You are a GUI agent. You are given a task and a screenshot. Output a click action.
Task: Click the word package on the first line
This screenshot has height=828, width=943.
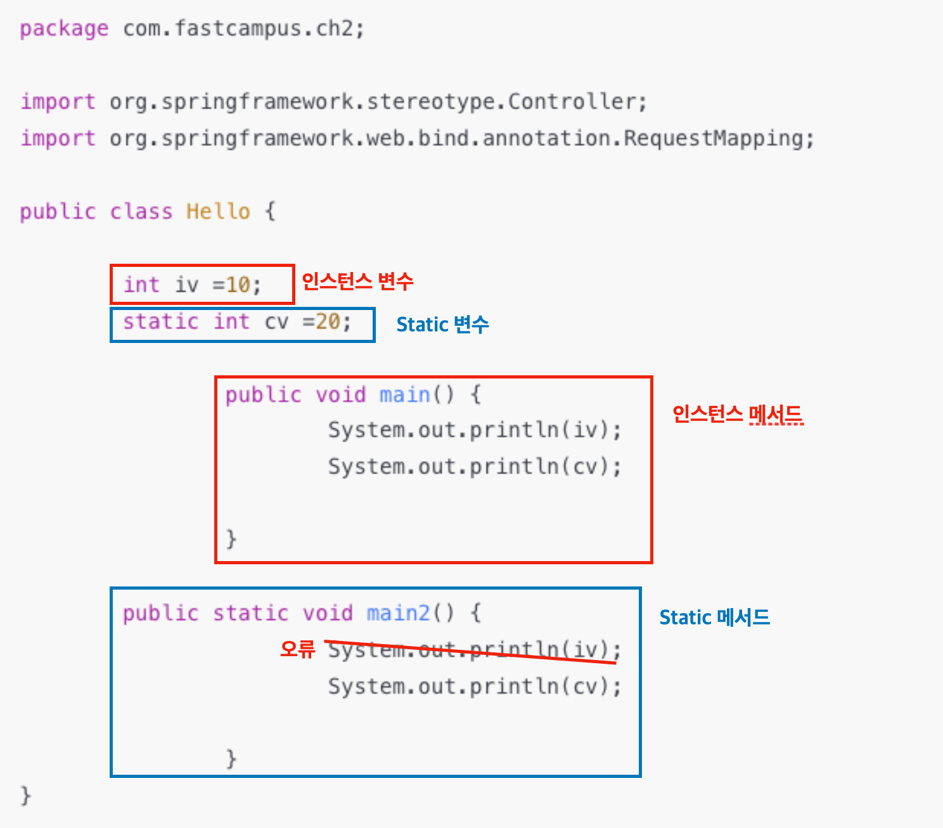(63, 29)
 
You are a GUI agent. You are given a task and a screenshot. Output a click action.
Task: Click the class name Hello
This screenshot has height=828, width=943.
(218, 211)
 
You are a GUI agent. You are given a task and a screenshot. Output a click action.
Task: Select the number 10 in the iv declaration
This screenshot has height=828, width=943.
(238, 285)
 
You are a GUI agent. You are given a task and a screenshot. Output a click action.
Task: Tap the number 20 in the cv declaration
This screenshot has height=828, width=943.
(328, 322)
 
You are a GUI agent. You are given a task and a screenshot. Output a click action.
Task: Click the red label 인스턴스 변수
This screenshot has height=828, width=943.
(357, 281)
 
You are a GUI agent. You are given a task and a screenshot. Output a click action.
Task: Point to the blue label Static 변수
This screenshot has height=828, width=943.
(442, 325)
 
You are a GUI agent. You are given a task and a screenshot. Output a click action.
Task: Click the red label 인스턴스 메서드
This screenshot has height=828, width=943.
(737, 415)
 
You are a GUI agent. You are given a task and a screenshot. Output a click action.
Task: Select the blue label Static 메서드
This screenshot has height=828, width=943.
(714, 617)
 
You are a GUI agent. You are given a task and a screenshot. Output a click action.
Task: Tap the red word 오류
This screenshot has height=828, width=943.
(297, 649)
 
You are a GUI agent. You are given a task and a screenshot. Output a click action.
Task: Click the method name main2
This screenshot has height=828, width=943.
(398, 613)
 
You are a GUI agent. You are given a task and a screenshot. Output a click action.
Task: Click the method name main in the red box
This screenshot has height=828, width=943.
(404, 395)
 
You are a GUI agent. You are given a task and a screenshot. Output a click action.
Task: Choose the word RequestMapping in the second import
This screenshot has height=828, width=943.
(713, 138)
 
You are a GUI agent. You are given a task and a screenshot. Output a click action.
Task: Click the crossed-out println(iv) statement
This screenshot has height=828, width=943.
(474, 650)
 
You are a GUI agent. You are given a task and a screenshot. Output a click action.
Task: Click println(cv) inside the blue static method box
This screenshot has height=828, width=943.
(474, 687)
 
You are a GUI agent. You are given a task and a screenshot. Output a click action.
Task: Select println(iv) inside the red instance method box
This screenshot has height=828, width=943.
(474, 430)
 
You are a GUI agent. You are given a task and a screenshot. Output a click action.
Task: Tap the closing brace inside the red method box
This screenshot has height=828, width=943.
(231, 538)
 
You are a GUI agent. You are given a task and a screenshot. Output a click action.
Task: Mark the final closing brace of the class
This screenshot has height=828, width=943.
(25, 794)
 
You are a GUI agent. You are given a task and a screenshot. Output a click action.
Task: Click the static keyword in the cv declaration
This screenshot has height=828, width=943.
(160, 322)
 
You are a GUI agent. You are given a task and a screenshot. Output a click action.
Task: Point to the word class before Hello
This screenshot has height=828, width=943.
(141, 211)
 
